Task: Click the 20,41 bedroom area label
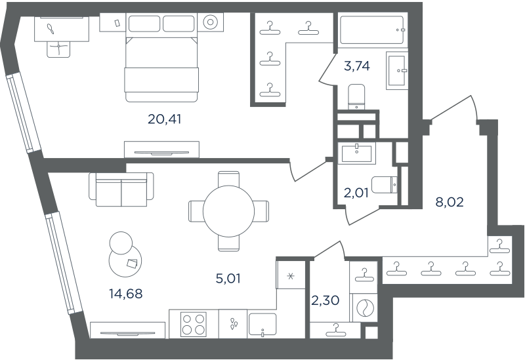pos(165,119)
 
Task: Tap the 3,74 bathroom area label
pos(357,66)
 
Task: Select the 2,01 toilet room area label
pos(356,193)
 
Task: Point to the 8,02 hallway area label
pos(450,202)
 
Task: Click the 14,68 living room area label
pos(126,294)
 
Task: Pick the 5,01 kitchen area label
pos(228,279)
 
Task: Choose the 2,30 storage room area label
pos(325,300)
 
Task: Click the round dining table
pos(228,211)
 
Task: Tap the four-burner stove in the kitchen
pos(194,324)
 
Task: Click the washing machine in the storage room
pos(363,307)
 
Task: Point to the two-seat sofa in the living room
pos(121,190)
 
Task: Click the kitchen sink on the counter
pos(263,325)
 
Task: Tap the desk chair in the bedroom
pos(59,49)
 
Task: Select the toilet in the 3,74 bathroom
pos(356,97)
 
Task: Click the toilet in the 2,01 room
pos(385,185)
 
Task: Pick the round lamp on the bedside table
pos(210,22)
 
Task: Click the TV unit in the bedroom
pos(161,150)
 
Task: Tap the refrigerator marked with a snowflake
pos(291,275)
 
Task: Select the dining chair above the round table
pos(228,179)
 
